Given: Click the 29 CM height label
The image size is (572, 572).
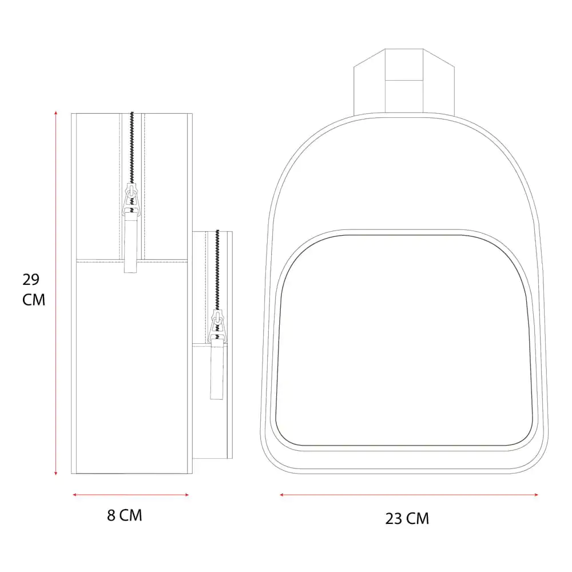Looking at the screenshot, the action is pos(34,289).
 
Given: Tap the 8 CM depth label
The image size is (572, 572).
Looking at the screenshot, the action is pos(124,515).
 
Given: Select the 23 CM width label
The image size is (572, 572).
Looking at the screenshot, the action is pos(407,518).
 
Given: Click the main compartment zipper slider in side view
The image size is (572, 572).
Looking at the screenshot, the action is pos(132,199).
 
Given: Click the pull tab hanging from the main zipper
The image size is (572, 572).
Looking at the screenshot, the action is pos(130,243).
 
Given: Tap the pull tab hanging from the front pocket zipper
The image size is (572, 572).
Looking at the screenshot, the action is pos(217,370).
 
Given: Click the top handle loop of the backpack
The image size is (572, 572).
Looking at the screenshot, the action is pos(404,82).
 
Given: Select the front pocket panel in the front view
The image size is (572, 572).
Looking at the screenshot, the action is pos(404,340).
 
